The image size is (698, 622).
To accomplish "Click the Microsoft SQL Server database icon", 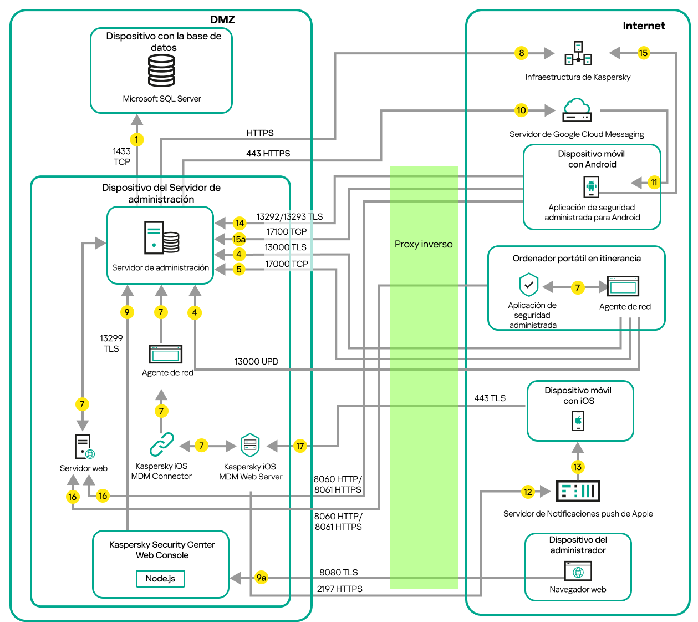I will [161, 71].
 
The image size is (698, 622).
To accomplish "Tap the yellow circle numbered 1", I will [136, 139].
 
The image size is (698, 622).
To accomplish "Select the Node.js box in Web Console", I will [160, 578].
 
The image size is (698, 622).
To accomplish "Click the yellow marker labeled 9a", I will [261, 578].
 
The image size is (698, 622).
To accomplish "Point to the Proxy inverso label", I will [424, 244].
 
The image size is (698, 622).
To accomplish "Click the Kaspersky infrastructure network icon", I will [578, 53].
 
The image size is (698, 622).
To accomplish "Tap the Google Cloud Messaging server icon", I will [577, 110].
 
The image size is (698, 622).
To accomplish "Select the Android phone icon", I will [592, 186].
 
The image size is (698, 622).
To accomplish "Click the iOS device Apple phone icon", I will [578, 421].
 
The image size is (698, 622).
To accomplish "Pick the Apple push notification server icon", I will [578, 491].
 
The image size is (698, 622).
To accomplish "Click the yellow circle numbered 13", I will [578, 467].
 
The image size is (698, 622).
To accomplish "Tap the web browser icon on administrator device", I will [578, 572].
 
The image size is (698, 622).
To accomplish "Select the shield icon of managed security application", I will [529, 285].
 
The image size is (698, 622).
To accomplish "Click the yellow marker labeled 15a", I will [239, 239].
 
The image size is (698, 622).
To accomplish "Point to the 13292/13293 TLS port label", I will [289, 217].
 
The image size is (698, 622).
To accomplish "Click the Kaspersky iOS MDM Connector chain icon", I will [161, 444].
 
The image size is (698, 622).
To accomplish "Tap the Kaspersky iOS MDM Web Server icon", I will [250, 445].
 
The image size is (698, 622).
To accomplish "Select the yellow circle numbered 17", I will [300, 446].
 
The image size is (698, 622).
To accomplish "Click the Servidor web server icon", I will [84, 447].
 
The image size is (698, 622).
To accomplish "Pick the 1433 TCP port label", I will [121, 156].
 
